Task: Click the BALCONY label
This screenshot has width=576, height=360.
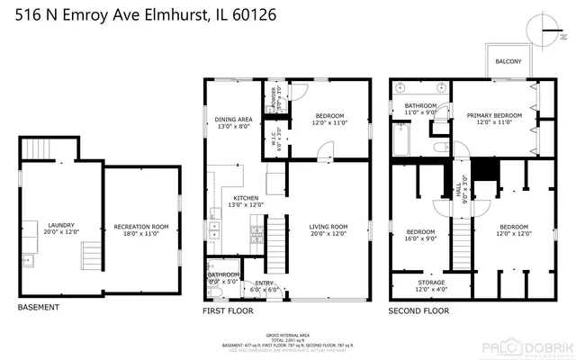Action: (508, 61)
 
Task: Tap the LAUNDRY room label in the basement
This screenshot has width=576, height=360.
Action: (61, 226)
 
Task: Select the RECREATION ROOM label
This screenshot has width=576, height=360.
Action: (141, 226)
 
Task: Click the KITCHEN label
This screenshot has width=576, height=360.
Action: (246, 198)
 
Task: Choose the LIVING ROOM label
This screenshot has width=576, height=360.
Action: (328, 226)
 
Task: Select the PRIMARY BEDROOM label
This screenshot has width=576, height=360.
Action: (494, 116)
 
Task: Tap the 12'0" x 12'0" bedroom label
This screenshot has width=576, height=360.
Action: (513, 230)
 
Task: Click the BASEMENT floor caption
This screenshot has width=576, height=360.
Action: (39, 308)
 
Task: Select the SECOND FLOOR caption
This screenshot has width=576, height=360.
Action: (418, 310)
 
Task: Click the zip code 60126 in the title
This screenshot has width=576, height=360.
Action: (252, 15)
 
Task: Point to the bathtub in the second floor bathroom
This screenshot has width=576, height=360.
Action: (400, 139)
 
